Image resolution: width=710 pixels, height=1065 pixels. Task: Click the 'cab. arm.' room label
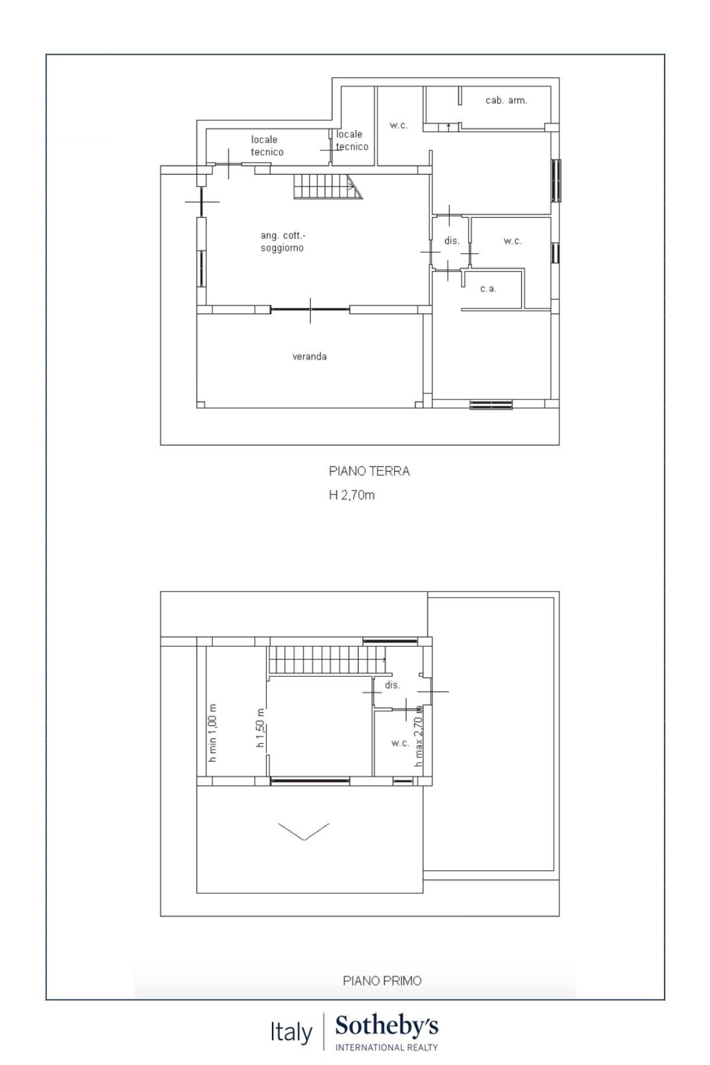pyautogui.click(x=506, y=101)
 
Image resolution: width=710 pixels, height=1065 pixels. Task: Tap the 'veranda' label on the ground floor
pyautogui.click(x=309, y=357)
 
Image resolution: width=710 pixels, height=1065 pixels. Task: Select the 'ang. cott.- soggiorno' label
pyautogui.click(x=282, y=242)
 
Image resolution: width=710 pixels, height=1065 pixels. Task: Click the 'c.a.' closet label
pyautogui.click(x=488, y=289)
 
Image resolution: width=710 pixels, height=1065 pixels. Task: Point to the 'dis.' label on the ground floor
pyautogui.click(x=451, y=241)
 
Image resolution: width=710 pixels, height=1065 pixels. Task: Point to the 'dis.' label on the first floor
pyautogui.click(x=392, y=685)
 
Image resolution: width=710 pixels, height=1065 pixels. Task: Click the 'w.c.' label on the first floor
pyautogui.click(x=400, y=743)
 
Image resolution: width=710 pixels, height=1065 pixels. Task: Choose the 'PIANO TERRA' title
pyautogui.click(x=369, y=472)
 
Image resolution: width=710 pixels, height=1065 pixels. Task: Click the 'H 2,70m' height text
pyautogui.click(x=351, y=495)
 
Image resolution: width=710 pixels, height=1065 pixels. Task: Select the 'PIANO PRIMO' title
pyautogui.click(x=382, y=981)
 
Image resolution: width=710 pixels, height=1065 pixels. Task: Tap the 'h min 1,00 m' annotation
pyautogui.click(x=213, y=732)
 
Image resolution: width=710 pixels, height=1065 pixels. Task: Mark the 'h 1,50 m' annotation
pyautogui.click(x=260, y=728)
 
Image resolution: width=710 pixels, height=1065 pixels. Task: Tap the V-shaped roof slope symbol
pyautogui.click(x=304, y=831)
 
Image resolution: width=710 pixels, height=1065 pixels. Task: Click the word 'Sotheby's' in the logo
pyautogui.click(x=387, y=1027)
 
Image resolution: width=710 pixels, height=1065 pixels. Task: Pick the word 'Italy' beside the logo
pyautogui.click(x=291, y=1032)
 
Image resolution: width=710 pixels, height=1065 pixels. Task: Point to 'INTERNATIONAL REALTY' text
pyautogui.click(x=386, y=1047)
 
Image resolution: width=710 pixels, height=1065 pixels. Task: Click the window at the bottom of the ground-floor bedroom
pyautogui.click(x=491, y=405)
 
